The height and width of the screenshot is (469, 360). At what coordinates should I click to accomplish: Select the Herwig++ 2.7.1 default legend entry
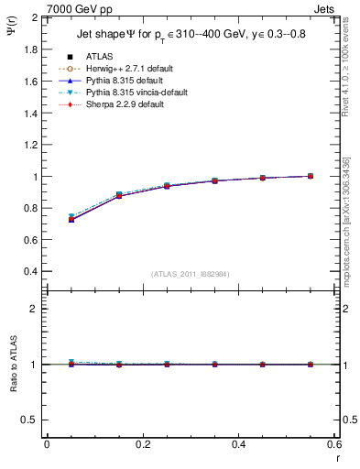tap(126, 69)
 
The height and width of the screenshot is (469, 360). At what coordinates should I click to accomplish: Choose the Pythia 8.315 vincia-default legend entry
tap(136, 93)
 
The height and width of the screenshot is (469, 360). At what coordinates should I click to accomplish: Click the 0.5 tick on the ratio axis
tap(33, 420)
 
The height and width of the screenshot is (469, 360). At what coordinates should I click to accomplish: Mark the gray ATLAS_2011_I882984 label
tap(191, 274)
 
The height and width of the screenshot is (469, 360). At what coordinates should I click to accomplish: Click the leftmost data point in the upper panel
tap(71, 220)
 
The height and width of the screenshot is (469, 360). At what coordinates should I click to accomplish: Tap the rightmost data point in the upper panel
tap(311, 176)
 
